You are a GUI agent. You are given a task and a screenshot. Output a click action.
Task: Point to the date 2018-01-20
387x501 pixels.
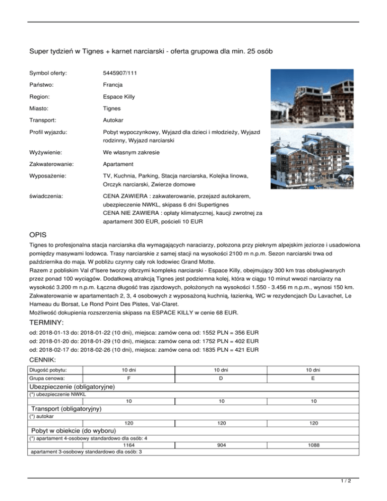click(57, 341)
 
